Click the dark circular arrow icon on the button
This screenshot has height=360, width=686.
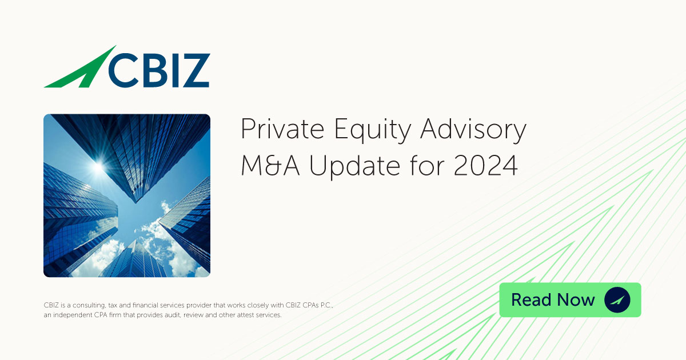pos(617,300)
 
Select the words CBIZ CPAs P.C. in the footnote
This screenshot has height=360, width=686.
pos(309,305)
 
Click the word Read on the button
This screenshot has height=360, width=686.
pos(531,300)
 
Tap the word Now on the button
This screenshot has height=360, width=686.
pos(575,300)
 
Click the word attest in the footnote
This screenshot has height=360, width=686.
pos(246,315)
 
